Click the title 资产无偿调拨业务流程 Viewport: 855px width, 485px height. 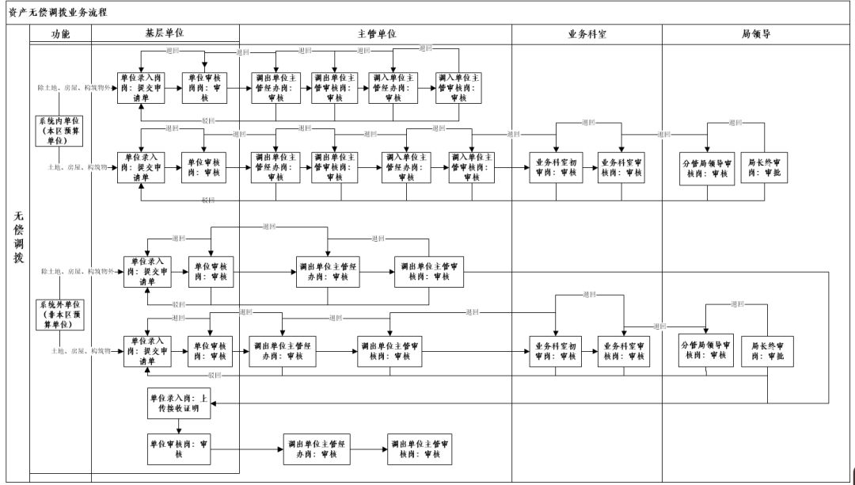(x=55, y=13)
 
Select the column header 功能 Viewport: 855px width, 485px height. (x=60, y=34)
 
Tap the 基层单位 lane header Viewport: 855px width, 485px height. (x=165, y=34)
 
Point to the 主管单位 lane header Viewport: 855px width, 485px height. (x=376, y=34)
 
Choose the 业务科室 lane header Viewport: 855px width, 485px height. (x=587, y=34)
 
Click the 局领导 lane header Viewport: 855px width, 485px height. (x=756, y=34)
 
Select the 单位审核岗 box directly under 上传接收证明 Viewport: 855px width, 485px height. (x=179, y=449)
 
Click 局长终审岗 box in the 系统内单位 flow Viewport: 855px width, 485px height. (x=765, y=168)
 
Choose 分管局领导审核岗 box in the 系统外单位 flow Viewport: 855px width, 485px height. (x=706, y=350)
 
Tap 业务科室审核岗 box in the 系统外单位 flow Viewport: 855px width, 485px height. (x=624, y=351)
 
